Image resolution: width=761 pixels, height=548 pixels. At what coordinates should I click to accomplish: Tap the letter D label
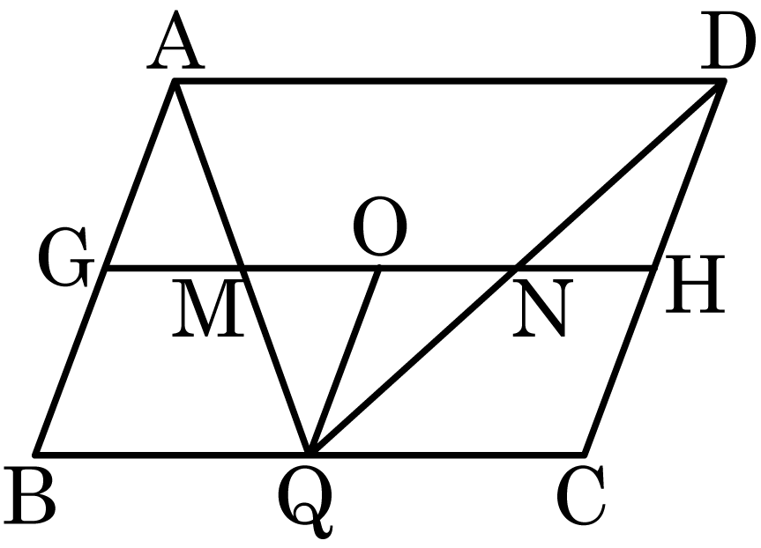(727, 41)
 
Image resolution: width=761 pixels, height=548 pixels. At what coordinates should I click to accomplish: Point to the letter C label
(581, 496)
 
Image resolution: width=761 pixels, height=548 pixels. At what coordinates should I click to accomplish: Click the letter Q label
(306, 503)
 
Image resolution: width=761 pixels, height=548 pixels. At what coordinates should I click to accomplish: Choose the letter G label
(66, 256)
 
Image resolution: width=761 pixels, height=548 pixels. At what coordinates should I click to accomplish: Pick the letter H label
(695, 283)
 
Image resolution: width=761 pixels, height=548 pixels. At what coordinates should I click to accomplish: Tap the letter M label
(207, 308)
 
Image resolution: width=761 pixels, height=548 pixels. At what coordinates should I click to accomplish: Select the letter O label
(379, 226)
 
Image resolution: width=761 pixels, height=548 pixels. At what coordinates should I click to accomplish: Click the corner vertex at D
(721, 81)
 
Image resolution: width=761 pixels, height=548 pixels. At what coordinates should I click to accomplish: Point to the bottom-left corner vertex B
(36, 455)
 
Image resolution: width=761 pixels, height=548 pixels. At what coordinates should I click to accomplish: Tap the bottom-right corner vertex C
(585, 455)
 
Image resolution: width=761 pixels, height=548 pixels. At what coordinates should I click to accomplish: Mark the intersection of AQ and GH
(242, 268)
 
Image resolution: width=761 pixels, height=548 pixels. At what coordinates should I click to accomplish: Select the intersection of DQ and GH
(516, 268)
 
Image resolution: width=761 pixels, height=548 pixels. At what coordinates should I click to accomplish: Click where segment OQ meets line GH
(379, 268)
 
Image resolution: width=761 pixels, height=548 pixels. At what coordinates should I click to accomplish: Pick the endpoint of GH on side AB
(106, 268)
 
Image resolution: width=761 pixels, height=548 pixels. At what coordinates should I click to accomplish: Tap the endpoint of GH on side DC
(653, 268)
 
